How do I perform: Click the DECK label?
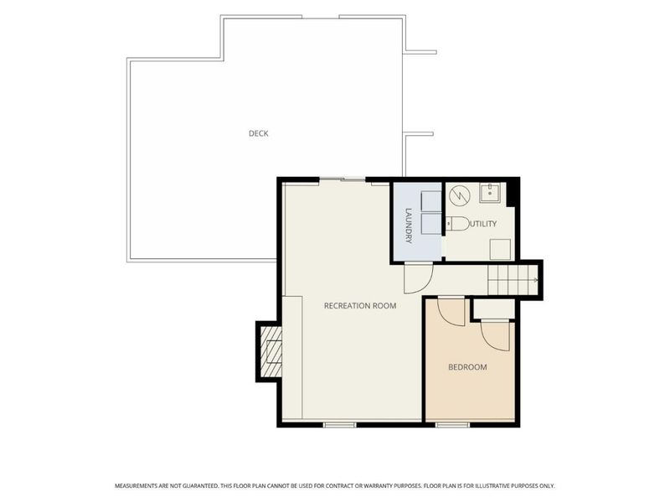pyautogui.click(x=259, y=133)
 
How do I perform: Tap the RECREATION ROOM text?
pyautogui.click(x=360, y=306)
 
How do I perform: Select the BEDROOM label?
pyautogui.click(x=467, y=367)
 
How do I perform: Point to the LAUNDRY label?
pyautogui.click(x=409, y=226)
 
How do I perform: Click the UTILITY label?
pyautogui.click(x=483, y=224)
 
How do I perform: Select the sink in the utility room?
pyautogui.click(x=490, y=193)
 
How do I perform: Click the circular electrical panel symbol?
pyautogui.click(x=460, y=195)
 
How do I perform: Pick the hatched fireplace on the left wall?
pyautogui.click(x=271, y=351)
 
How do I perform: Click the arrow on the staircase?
pyautogui.click(x=534, y=280)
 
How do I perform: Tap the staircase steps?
pyautogui.click(x=513, y=280)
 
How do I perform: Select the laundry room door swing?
pyautogui.click(x=419, y=278)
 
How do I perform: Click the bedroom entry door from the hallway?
pyautogui.click(x=451, y=311)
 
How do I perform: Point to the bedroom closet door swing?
pyautogui.click(x=496, y=336)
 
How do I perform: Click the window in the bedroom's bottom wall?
pyautogui.click(x=452, y=425)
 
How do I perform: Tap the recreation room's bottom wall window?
pyautogui.click(x=339, y=425)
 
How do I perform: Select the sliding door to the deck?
pyautogui.click(x=343, y=179)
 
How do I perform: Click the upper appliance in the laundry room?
pyautogui.click(x=431, y=201)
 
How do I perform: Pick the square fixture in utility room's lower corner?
pyautogui.click(x=500, y=250)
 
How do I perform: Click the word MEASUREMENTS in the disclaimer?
pyautogui.click(x=136, y=486)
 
